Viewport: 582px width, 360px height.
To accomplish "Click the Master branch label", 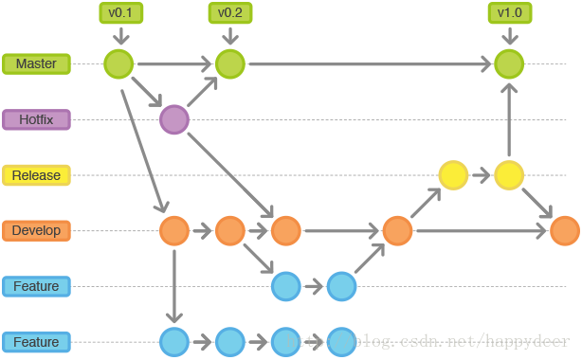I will [x=36, y=64].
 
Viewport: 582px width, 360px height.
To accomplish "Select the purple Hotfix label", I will [x=36, y=120].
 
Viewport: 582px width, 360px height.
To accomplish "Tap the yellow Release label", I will [x=36, y=175].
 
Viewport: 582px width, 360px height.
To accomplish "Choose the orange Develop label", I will [x=36, y=231].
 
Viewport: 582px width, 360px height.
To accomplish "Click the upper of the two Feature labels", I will [x=36, y=286].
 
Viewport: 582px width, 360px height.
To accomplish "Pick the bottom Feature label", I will [x=36, y=342].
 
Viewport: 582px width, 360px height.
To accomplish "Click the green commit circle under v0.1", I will [x=119, y=64].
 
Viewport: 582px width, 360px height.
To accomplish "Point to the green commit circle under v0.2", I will [x=229, y=64].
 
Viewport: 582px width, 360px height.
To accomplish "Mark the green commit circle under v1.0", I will [x=509, y=64].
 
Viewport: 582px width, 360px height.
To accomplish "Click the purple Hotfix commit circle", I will [x=174, y=120].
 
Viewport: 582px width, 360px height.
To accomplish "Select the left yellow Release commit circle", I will [x=453, y=175].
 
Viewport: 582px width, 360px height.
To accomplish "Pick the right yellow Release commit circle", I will [x=509, y=175].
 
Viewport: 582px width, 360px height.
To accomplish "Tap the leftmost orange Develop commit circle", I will [x=174, y=231].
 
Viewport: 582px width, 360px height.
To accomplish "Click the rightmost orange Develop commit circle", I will [x=564, y=231].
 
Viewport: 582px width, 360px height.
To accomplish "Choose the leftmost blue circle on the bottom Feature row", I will [x=174, y=342].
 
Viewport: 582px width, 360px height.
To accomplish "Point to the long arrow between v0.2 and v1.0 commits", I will [x=370, y=64].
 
